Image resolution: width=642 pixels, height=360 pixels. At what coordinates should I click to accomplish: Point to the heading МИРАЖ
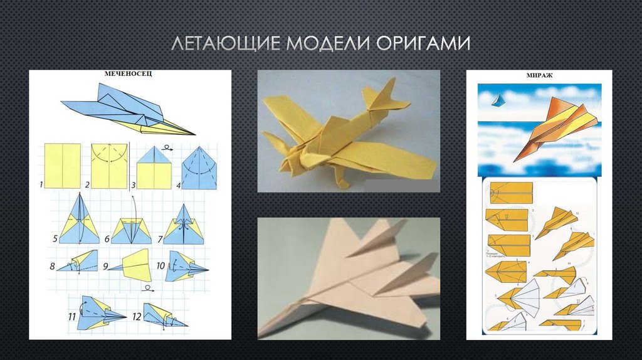(539, 76)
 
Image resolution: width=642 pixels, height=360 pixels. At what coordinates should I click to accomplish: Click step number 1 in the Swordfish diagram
(41, 184)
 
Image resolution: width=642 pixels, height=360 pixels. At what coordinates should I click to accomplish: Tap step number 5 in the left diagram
(55, 238)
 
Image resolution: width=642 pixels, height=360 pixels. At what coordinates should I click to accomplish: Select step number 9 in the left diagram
(108, 266)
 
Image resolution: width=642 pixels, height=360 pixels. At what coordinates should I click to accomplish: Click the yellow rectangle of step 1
(63, 166)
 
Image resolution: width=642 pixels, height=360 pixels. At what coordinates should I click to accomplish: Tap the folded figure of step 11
(94, 312)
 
